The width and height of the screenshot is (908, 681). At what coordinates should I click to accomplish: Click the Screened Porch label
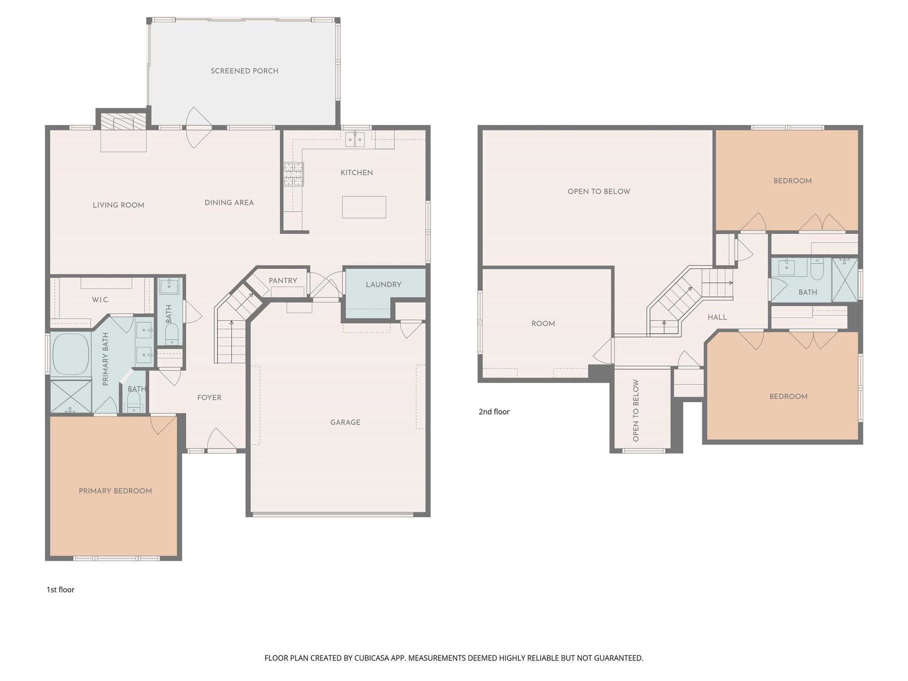[x=244, y=71]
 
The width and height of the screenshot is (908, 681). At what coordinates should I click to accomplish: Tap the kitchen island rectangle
[x=364, y=207]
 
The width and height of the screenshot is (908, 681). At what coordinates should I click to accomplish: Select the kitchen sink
[x=355, y=139]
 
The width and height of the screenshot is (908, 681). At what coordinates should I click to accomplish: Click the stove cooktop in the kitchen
[x=294, y=174]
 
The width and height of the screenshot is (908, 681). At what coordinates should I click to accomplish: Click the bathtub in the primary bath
[x=71, y=355]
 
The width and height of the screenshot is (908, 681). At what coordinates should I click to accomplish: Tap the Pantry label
[x=283, y=281]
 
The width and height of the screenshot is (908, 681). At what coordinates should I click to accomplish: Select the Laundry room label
[x=384, y=285]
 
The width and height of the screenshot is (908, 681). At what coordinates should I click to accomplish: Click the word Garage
[x=345, y=423]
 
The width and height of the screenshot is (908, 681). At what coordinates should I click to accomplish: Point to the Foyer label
[x=209, y=398]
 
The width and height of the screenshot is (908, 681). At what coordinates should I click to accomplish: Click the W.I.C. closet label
[x=101, y=300]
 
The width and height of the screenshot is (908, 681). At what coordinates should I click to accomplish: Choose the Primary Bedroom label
[x=115, y=491]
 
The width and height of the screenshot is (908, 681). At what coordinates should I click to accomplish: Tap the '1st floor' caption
[x=61, y=590]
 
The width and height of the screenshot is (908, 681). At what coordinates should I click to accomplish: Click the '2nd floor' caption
[x=494, y=412]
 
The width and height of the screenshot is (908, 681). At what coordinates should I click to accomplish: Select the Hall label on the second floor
[x=717, y=317]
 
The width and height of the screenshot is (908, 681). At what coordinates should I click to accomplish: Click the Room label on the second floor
[x=543, y=324]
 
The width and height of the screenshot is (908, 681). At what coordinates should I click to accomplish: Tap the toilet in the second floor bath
[x=817, y=269]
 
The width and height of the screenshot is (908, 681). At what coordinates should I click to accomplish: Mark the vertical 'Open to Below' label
[x=636, y=411]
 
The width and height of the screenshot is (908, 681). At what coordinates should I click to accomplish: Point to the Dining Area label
[x=229, y=203]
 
